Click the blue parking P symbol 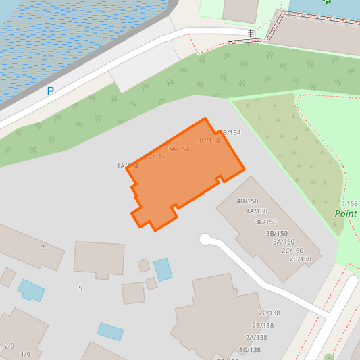pyautogui.click(x=50, y=91)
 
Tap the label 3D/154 pyautogui.click(x=209, y=141)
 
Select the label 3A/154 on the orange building pyautogui.click(x=178, y=149)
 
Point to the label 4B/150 pyautogui.click(x=247, y=201)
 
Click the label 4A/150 pyautogui.click(x=256, y=211)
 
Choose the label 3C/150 pyautogui.click(x=265, y=222)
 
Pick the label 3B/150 pyautogui.click(x=276, y=233)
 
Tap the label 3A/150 pyautogui.click(x=283, y=242)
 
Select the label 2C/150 pyautogui.click(x=292, y=251)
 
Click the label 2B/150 pyautogui.click(x=300, y=259)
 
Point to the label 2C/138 pyautogui.click(x=269, y=313)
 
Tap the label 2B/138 pyautogui.click(x=262, y=326)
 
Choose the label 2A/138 pyautogui.click(x=256, y=338)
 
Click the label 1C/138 pyautogui.click(x=249, y=350)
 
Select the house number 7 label pyautogui.click(x=43, y=248)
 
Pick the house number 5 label pyautogui.click(x=80, y=288)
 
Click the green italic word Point pyautogui.click(x=346, y=214)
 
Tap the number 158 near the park pyautogui.click(x=352, y=204)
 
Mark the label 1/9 pyautogui.click(x=26, y=355)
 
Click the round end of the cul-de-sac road pyautogui.click(x=205, y=239)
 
